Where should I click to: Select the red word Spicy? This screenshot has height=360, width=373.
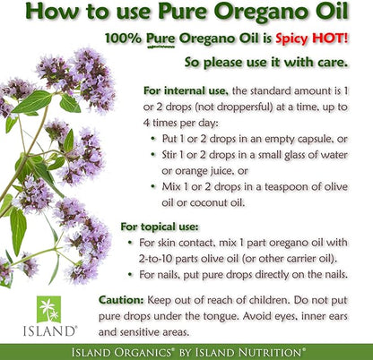coord(291,39)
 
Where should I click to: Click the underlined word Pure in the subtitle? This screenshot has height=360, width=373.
coord(160,39)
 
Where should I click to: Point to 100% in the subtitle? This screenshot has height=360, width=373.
coord(123,39)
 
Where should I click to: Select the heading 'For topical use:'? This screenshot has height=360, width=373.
coord(160,227)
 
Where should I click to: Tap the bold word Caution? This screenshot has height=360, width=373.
coord(121,300)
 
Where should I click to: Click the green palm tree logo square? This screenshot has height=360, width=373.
coord(48,309)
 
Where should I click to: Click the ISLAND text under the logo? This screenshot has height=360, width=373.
coord(50,331)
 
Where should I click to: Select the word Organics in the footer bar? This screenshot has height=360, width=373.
coord(143,352)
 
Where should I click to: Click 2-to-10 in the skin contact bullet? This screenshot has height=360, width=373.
coord(155,259)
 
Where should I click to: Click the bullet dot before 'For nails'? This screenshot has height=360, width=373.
coord(130,274)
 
